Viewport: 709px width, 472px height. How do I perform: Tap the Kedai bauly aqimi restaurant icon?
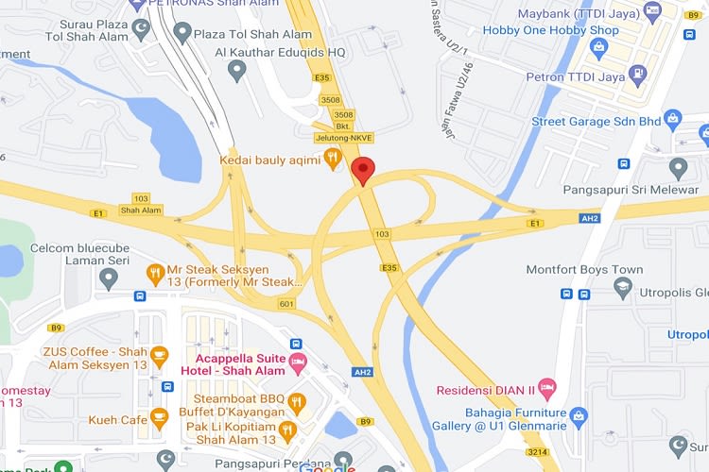(332, 158)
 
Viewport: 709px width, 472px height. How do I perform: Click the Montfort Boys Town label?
(584, 269)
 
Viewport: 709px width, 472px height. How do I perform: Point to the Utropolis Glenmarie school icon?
(622, 287)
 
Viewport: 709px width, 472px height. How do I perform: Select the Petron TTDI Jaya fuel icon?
(640, 72)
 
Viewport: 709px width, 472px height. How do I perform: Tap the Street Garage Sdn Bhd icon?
(672, 120)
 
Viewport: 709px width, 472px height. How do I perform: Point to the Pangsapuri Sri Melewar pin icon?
(678, 167)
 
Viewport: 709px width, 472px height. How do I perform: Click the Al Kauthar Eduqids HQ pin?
(237, 69)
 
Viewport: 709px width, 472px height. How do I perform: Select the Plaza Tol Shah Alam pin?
(179, 34)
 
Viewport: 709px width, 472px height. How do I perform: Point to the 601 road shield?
(286, 304)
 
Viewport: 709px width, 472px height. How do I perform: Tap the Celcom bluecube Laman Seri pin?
(109, 278)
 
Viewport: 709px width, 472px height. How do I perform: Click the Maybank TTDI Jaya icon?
(651, 10)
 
